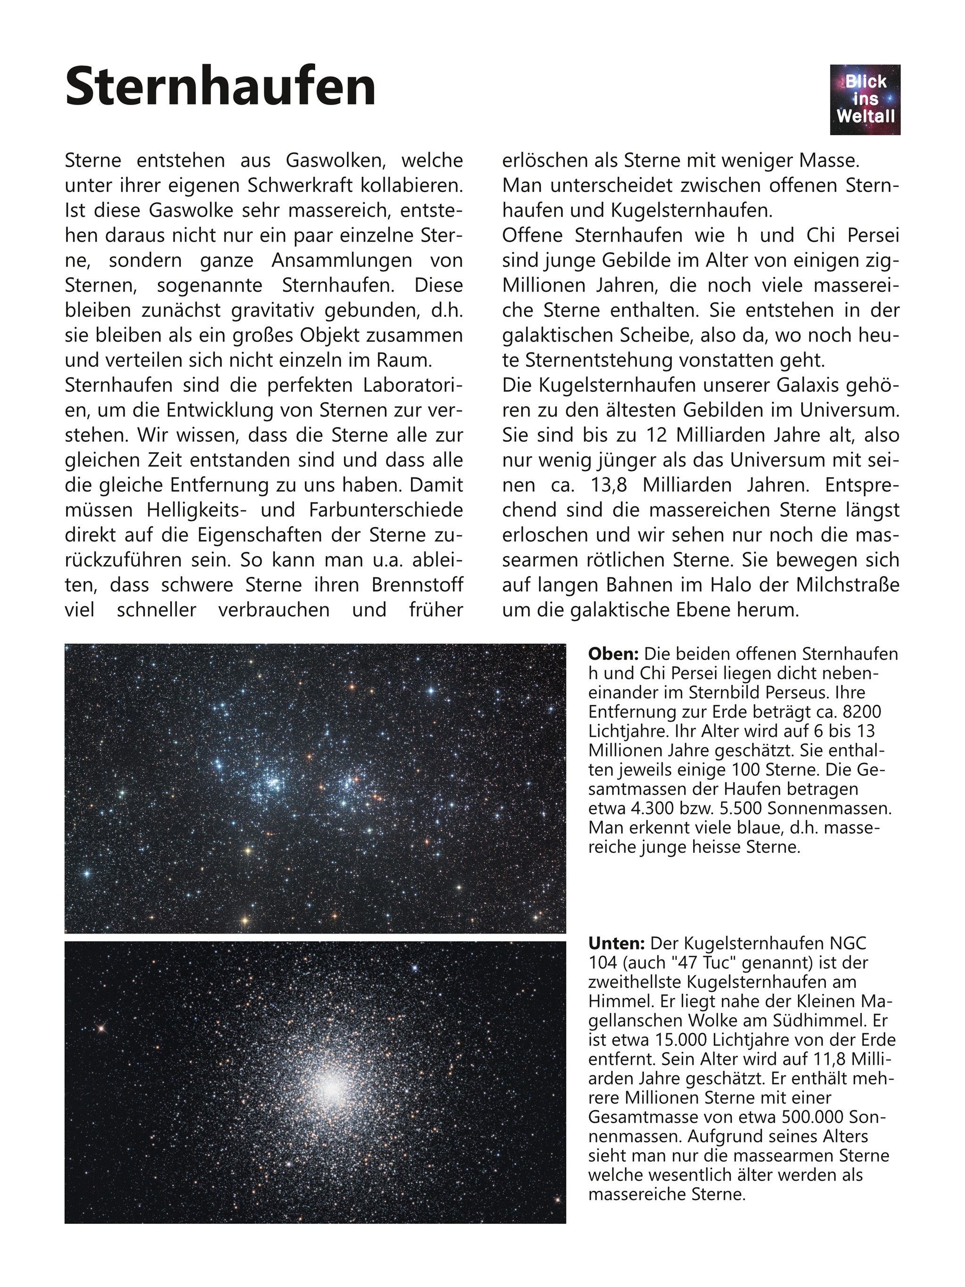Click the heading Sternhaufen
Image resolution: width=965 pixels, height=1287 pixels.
221,87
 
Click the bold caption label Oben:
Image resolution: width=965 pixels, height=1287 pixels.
613,654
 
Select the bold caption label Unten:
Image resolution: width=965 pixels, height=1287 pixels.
616,943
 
